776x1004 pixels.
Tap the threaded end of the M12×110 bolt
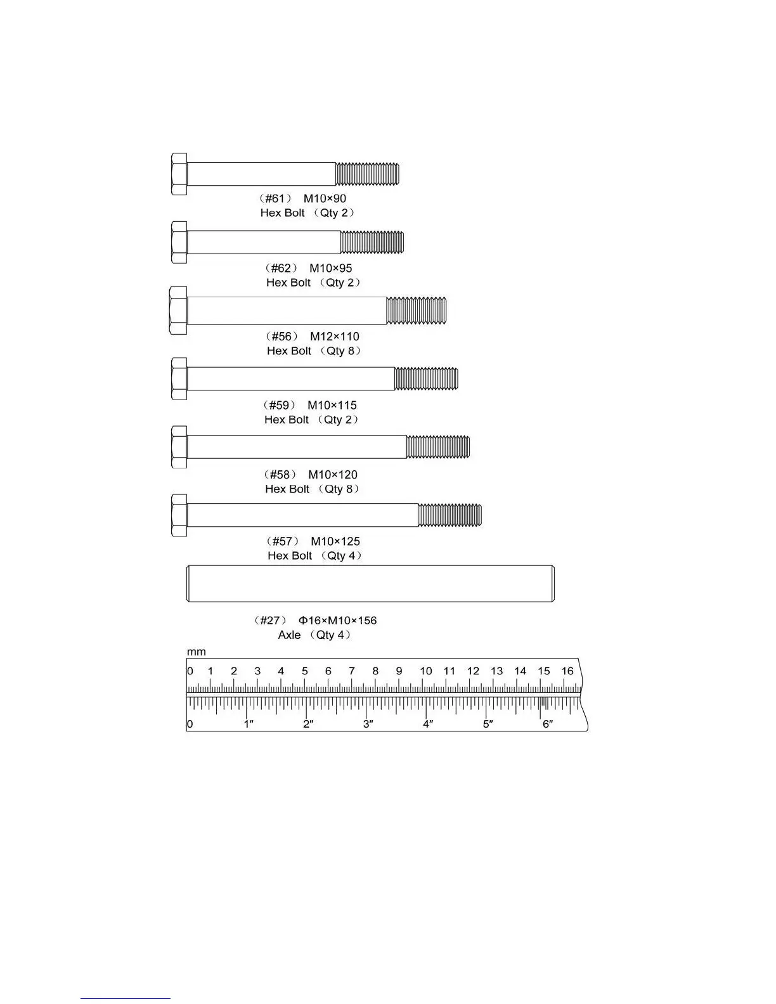click(x=417, y=311)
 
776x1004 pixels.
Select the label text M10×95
click(x=330, y=268)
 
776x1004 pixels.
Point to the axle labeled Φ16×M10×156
click(x=370, y=584)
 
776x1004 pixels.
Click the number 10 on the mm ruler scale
click(x=425, y=671)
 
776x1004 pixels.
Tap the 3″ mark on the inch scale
click(x=368, y=724)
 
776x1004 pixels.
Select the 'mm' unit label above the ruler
click(x=196, y=652)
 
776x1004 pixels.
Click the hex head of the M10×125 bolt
click(x=179, y=515)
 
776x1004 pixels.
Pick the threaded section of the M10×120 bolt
click(x=438, y=447)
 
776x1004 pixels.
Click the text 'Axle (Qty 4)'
click(x=314, y=635)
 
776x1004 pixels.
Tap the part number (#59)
click(x=279, y=405)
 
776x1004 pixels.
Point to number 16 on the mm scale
click(x=567, y=671)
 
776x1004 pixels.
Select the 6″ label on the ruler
click(x=548, y=724)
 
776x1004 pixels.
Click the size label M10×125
click(x=335, y=541)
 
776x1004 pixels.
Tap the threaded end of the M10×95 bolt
click(x=372, y=242)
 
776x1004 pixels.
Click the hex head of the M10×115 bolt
click(x=179, y=378)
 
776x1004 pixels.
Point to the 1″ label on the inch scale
click(x=249, y=724)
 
